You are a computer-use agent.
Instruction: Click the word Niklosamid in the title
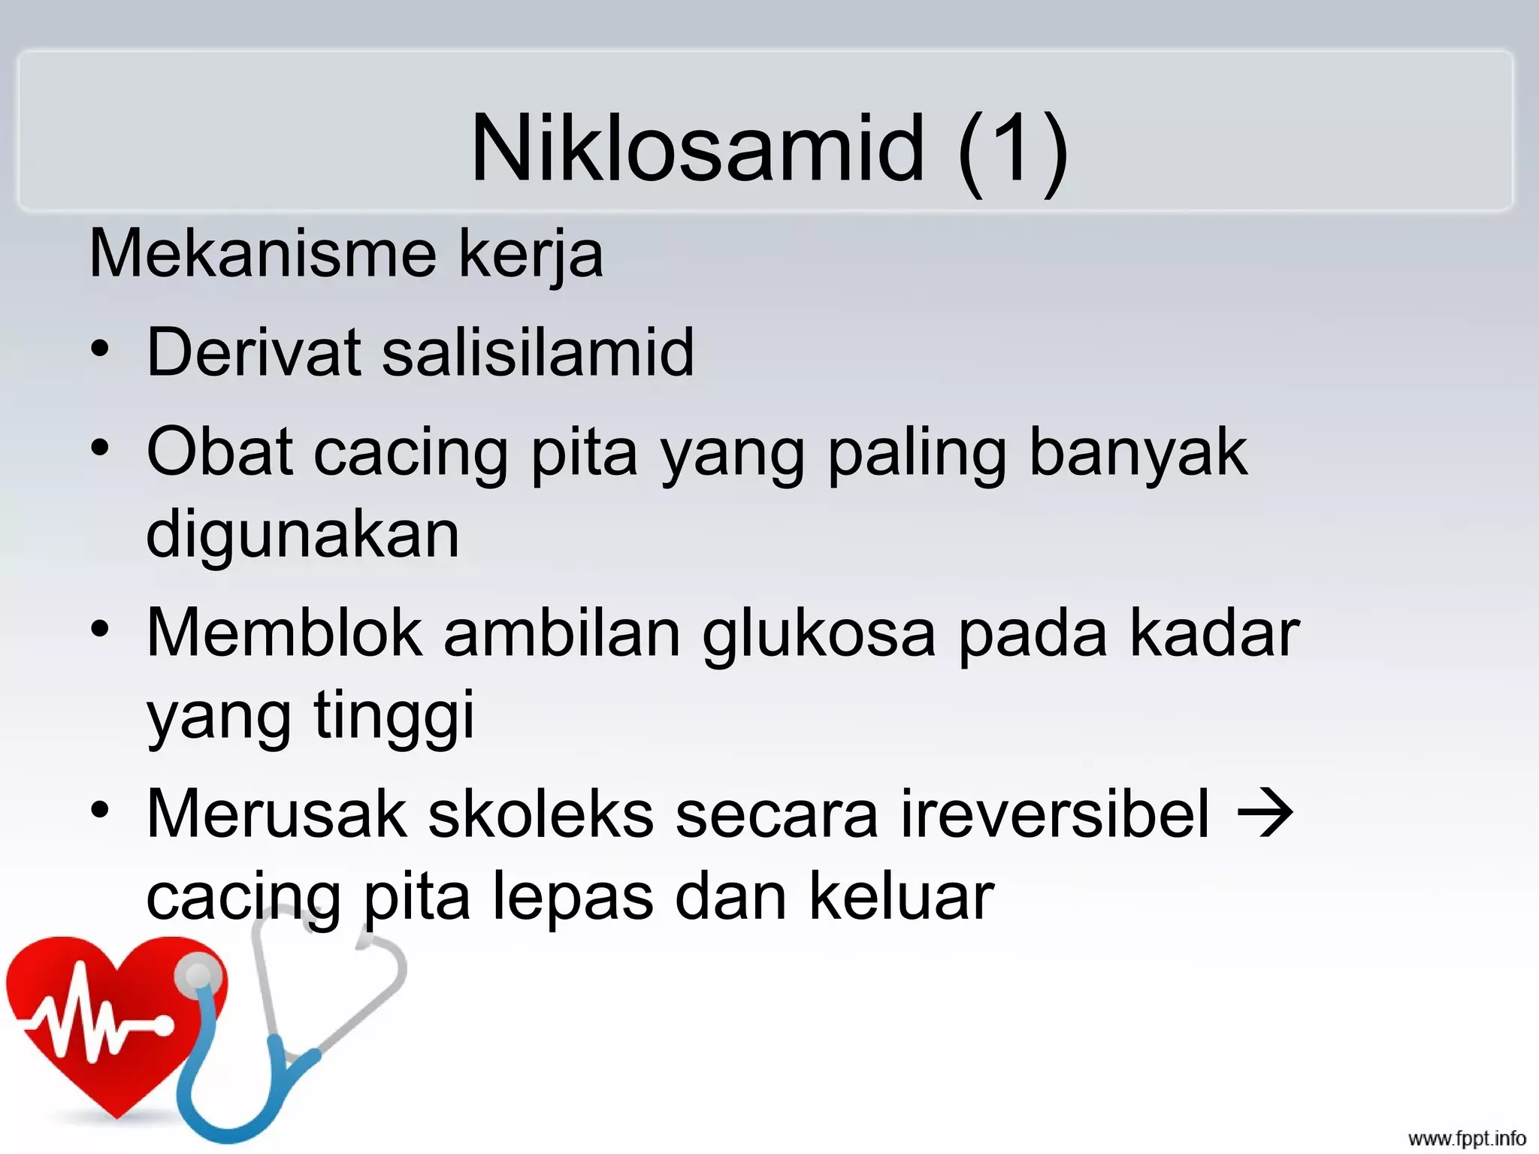[x=697, y=148]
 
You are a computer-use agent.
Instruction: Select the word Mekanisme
[x=262, y=254]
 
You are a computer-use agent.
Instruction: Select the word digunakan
[x=302, y=534]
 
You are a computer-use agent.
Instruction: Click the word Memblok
[x=284, y=633]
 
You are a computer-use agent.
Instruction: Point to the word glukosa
[x=819, y=633]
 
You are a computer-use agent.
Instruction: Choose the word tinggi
[x=394, y=714]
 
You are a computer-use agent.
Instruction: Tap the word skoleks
[x=541, y=814]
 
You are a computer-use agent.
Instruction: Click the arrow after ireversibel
[x=1265, y=813]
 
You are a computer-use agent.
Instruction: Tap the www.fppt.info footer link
[x=1467, y=1138]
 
